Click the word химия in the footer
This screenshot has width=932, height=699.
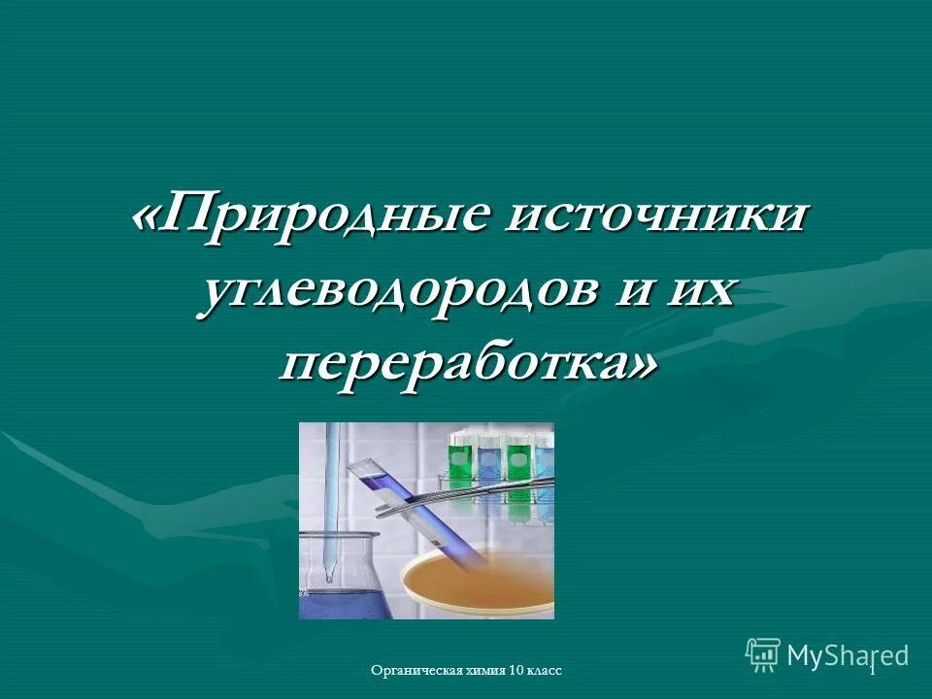(x=480, y=672)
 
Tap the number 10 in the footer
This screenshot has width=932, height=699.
(x=516, y=672)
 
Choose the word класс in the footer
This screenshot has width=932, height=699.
(x=545, y=672)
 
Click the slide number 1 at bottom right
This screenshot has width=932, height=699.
(x=873, y=671)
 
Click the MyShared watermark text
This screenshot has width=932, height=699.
(x=848, y=655)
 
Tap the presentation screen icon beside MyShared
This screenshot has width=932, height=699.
(x=762, y=654)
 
